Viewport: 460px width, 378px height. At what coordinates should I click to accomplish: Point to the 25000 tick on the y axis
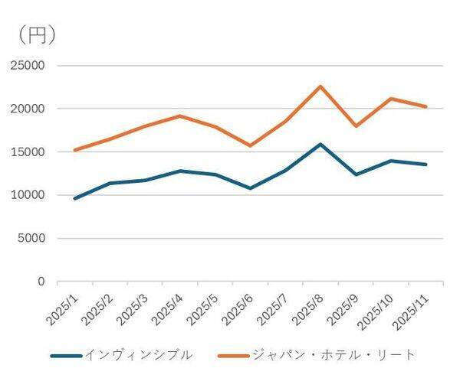click(x=28, y=66)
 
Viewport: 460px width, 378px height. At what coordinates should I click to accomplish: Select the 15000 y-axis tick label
click(x=28, y=152)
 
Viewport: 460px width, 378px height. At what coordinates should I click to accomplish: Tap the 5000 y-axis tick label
click(x=31, y=239)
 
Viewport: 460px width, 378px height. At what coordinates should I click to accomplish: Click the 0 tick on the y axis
click(x=41, y=282)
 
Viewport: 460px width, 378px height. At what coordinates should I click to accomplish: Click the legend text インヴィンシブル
click(x=138, y=355)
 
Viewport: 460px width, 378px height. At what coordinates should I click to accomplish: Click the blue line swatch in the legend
click(x=65, y=356)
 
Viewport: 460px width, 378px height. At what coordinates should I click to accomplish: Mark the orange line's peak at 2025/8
click(x=320, y=86)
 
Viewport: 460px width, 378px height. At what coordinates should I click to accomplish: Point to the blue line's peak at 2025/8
click(x=320, y=144)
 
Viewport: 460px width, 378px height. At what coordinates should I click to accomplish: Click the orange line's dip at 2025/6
click(x=250, y=145)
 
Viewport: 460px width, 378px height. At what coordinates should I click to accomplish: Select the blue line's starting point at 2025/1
click(x=74, y=198)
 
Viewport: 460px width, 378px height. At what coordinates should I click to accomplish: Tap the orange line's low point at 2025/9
click(x=356, y=126)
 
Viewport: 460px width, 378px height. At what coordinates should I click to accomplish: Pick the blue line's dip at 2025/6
click(x=250, y=188)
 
